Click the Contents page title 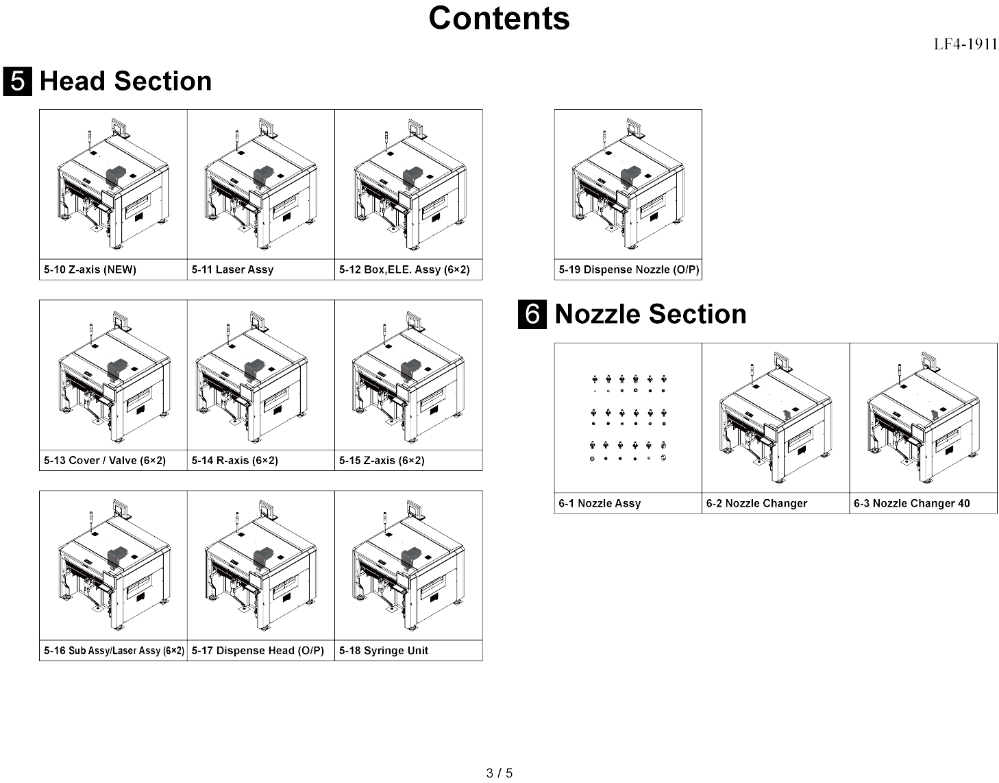(499, 19)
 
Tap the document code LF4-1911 (965, 45)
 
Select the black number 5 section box (17, 81)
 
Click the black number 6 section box (532, 314)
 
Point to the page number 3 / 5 (499, 773)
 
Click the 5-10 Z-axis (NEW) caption (90, 269)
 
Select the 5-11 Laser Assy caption (233, 269)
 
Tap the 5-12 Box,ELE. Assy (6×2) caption (404, 269)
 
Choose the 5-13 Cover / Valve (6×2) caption (105, 460)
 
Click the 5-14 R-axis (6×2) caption (235, 460)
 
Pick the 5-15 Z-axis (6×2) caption (382, 460)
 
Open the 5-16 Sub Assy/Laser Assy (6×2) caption (114, 651)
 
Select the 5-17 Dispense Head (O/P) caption (258, 651)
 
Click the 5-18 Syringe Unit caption (384, 651)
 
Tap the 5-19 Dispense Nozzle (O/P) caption (628, 269)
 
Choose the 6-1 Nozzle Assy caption (600, 503)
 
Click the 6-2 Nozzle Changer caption (756, 503)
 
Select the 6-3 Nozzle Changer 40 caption (911, 503)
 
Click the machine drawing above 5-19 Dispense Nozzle (628, 184)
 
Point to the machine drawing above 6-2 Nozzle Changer (776, 418)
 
